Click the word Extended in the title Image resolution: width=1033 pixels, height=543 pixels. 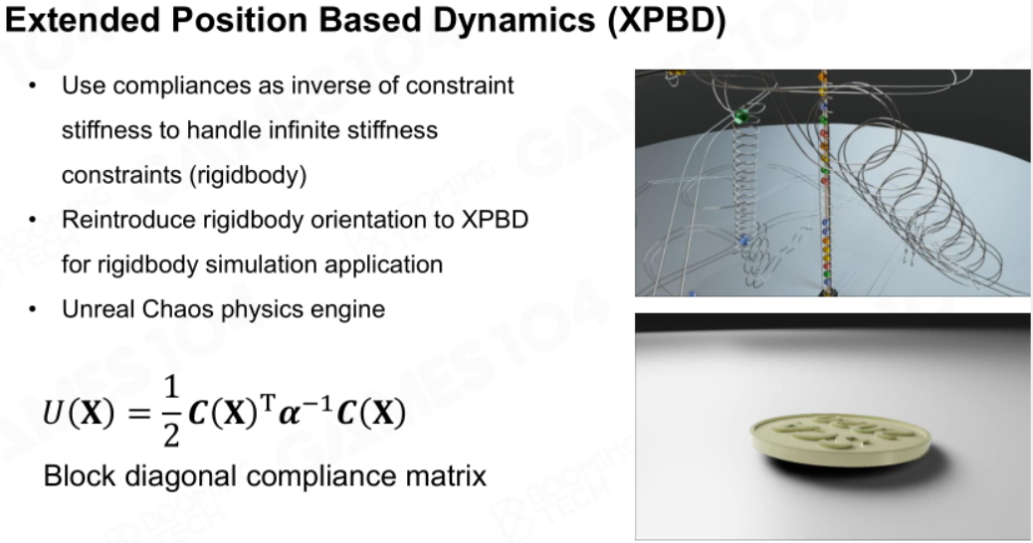click(83, 19)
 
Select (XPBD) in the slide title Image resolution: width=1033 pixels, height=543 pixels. click(667, 21)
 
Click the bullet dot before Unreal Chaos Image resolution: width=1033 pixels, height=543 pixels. click(33, 309)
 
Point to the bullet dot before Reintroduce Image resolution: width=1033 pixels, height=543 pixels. click(33, 219)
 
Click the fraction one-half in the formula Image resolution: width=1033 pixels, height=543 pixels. click(170, 412)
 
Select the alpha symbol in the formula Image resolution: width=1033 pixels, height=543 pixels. click(290, 415)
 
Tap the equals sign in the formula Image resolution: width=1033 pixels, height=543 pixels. click(139, 414)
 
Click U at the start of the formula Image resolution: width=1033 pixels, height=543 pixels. click(52, 414)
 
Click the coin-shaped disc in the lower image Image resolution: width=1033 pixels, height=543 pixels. click(841, 439)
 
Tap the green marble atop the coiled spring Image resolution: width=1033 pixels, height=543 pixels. click(740, 117)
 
